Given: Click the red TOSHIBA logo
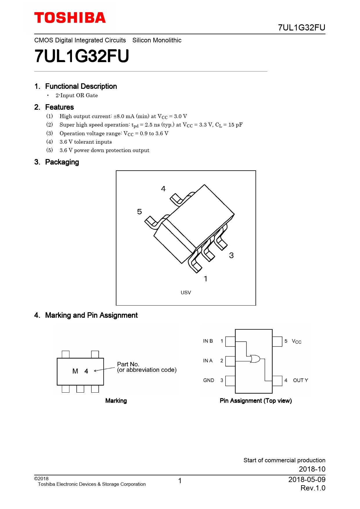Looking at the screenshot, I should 70,18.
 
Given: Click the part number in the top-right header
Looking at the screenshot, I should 301,28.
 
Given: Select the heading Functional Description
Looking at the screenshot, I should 81,86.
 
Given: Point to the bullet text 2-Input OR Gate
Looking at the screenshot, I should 77,95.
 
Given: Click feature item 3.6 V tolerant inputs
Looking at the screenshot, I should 86,142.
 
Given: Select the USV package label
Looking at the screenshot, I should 186,293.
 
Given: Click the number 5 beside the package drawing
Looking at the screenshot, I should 140,212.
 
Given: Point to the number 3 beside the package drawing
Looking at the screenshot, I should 231,255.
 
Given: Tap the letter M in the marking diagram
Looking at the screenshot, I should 75,371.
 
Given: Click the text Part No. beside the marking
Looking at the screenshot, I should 128,364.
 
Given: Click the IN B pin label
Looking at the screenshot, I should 208,341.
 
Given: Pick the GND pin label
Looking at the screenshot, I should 208,380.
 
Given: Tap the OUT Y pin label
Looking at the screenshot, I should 300,380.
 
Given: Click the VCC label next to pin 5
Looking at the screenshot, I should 296,341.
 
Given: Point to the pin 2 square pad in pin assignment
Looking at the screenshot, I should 230,361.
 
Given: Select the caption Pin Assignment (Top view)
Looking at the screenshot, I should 256,401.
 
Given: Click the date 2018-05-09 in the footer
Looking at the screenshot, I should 307,479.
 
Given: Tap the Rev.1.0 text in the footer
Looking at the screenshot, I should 313,488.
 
